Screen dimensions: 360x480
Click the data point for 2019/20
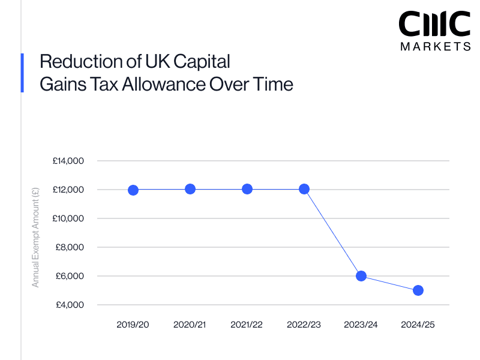pyautogui.click(x=133, y=190)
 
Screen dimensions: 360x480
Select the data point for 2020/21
pyautogui.click(x=190, y=189)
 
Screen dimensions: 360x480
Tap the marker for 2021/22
pyautogui.click(x=247, y=189)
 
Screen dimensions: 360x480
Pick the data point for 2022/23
pyautogui.click(x=304, y=189)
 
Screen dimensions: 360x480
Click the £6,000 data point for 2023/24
pyautogui.click(x=361, y=276)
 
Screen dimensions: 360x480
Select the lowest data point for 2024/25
pyautogui.click(x=418, y=290)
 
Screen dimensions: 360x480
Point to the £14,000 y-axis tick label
pyautogui.click(x=68, y=161)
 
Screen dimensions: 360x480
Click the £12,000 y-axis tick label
pyautogui.click(x=68, y=190)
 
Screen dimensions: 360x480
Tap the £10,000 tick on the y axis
pyautogui.click(x=68, y=218)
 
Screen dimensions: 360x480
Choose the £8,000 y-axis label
pyautogui.click(x=70, y=247)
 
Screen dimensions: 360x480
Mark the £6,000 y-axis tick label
pyautogui.click(x=70, y=276)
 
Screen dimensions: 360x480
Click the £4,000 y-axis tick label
pyautogui.click(x=70, y=305)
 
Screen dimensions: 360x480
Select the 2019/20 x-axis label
pyautogui.click(x=133, y=325)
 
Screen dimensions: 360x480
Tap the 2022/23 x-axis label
pyautogui.click(x=304, y=325)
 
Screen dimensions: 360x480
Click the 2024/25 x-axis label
pyautogui.click(x=418, y=325)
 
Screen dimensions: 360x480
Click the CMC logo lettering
pyautogui.click(x=435, y=25)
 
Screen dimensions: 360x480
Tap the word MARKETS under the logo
pyautogui.click(x=435, y=46)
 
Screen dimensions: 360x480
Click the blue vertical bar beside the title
pyautogui.click(x=22, y=73)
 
